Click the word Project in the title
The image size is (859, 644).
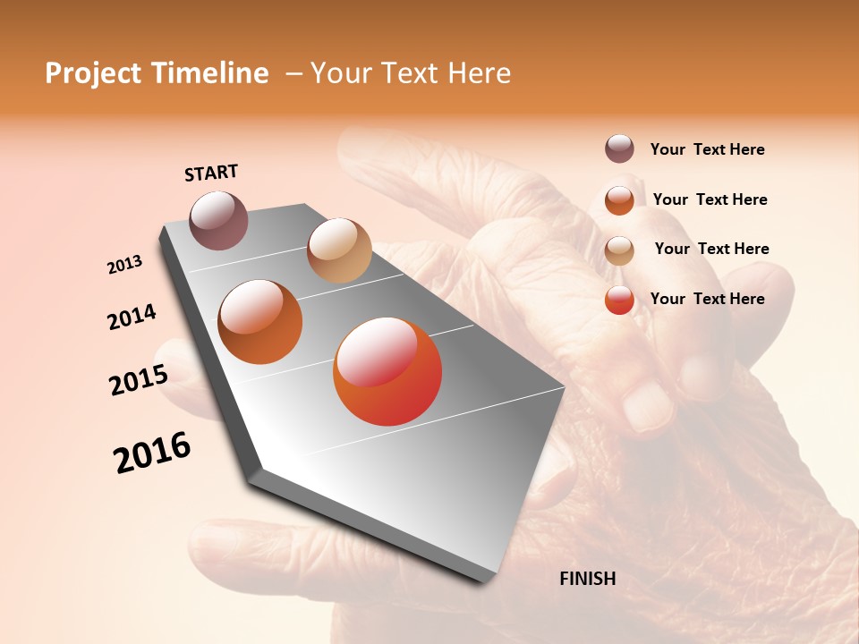point(92,73)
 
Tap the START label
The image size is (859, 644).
point(211,173)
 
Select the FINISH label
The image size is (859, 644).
point(587,579)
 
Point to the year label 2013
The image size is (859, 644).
point(125,265)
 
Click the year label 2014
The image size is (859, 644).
point(132,317)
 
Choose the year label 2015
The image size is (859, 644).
point(139,380)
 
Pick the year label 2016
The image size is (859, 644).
point(152,453)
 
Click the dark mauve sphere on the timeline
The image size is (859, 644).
point(219,220)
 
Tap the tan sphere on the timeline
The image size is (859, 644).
point(339,250)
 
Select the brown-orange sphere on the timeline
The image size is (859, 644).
point(260,322)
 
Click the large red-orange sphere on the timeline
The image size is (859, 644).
point(387,371)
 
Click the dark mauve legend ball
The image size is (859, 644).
point(619,148)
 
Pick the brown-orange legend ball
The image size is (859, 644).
point(619,199)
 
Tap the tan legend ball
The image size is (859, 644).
point(619,250)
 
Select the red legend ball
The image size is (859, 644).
point(619,300)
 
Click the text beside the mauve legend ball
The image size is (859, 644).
point(707,149)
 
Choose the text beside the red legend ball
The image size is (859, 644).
point(707,299)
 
